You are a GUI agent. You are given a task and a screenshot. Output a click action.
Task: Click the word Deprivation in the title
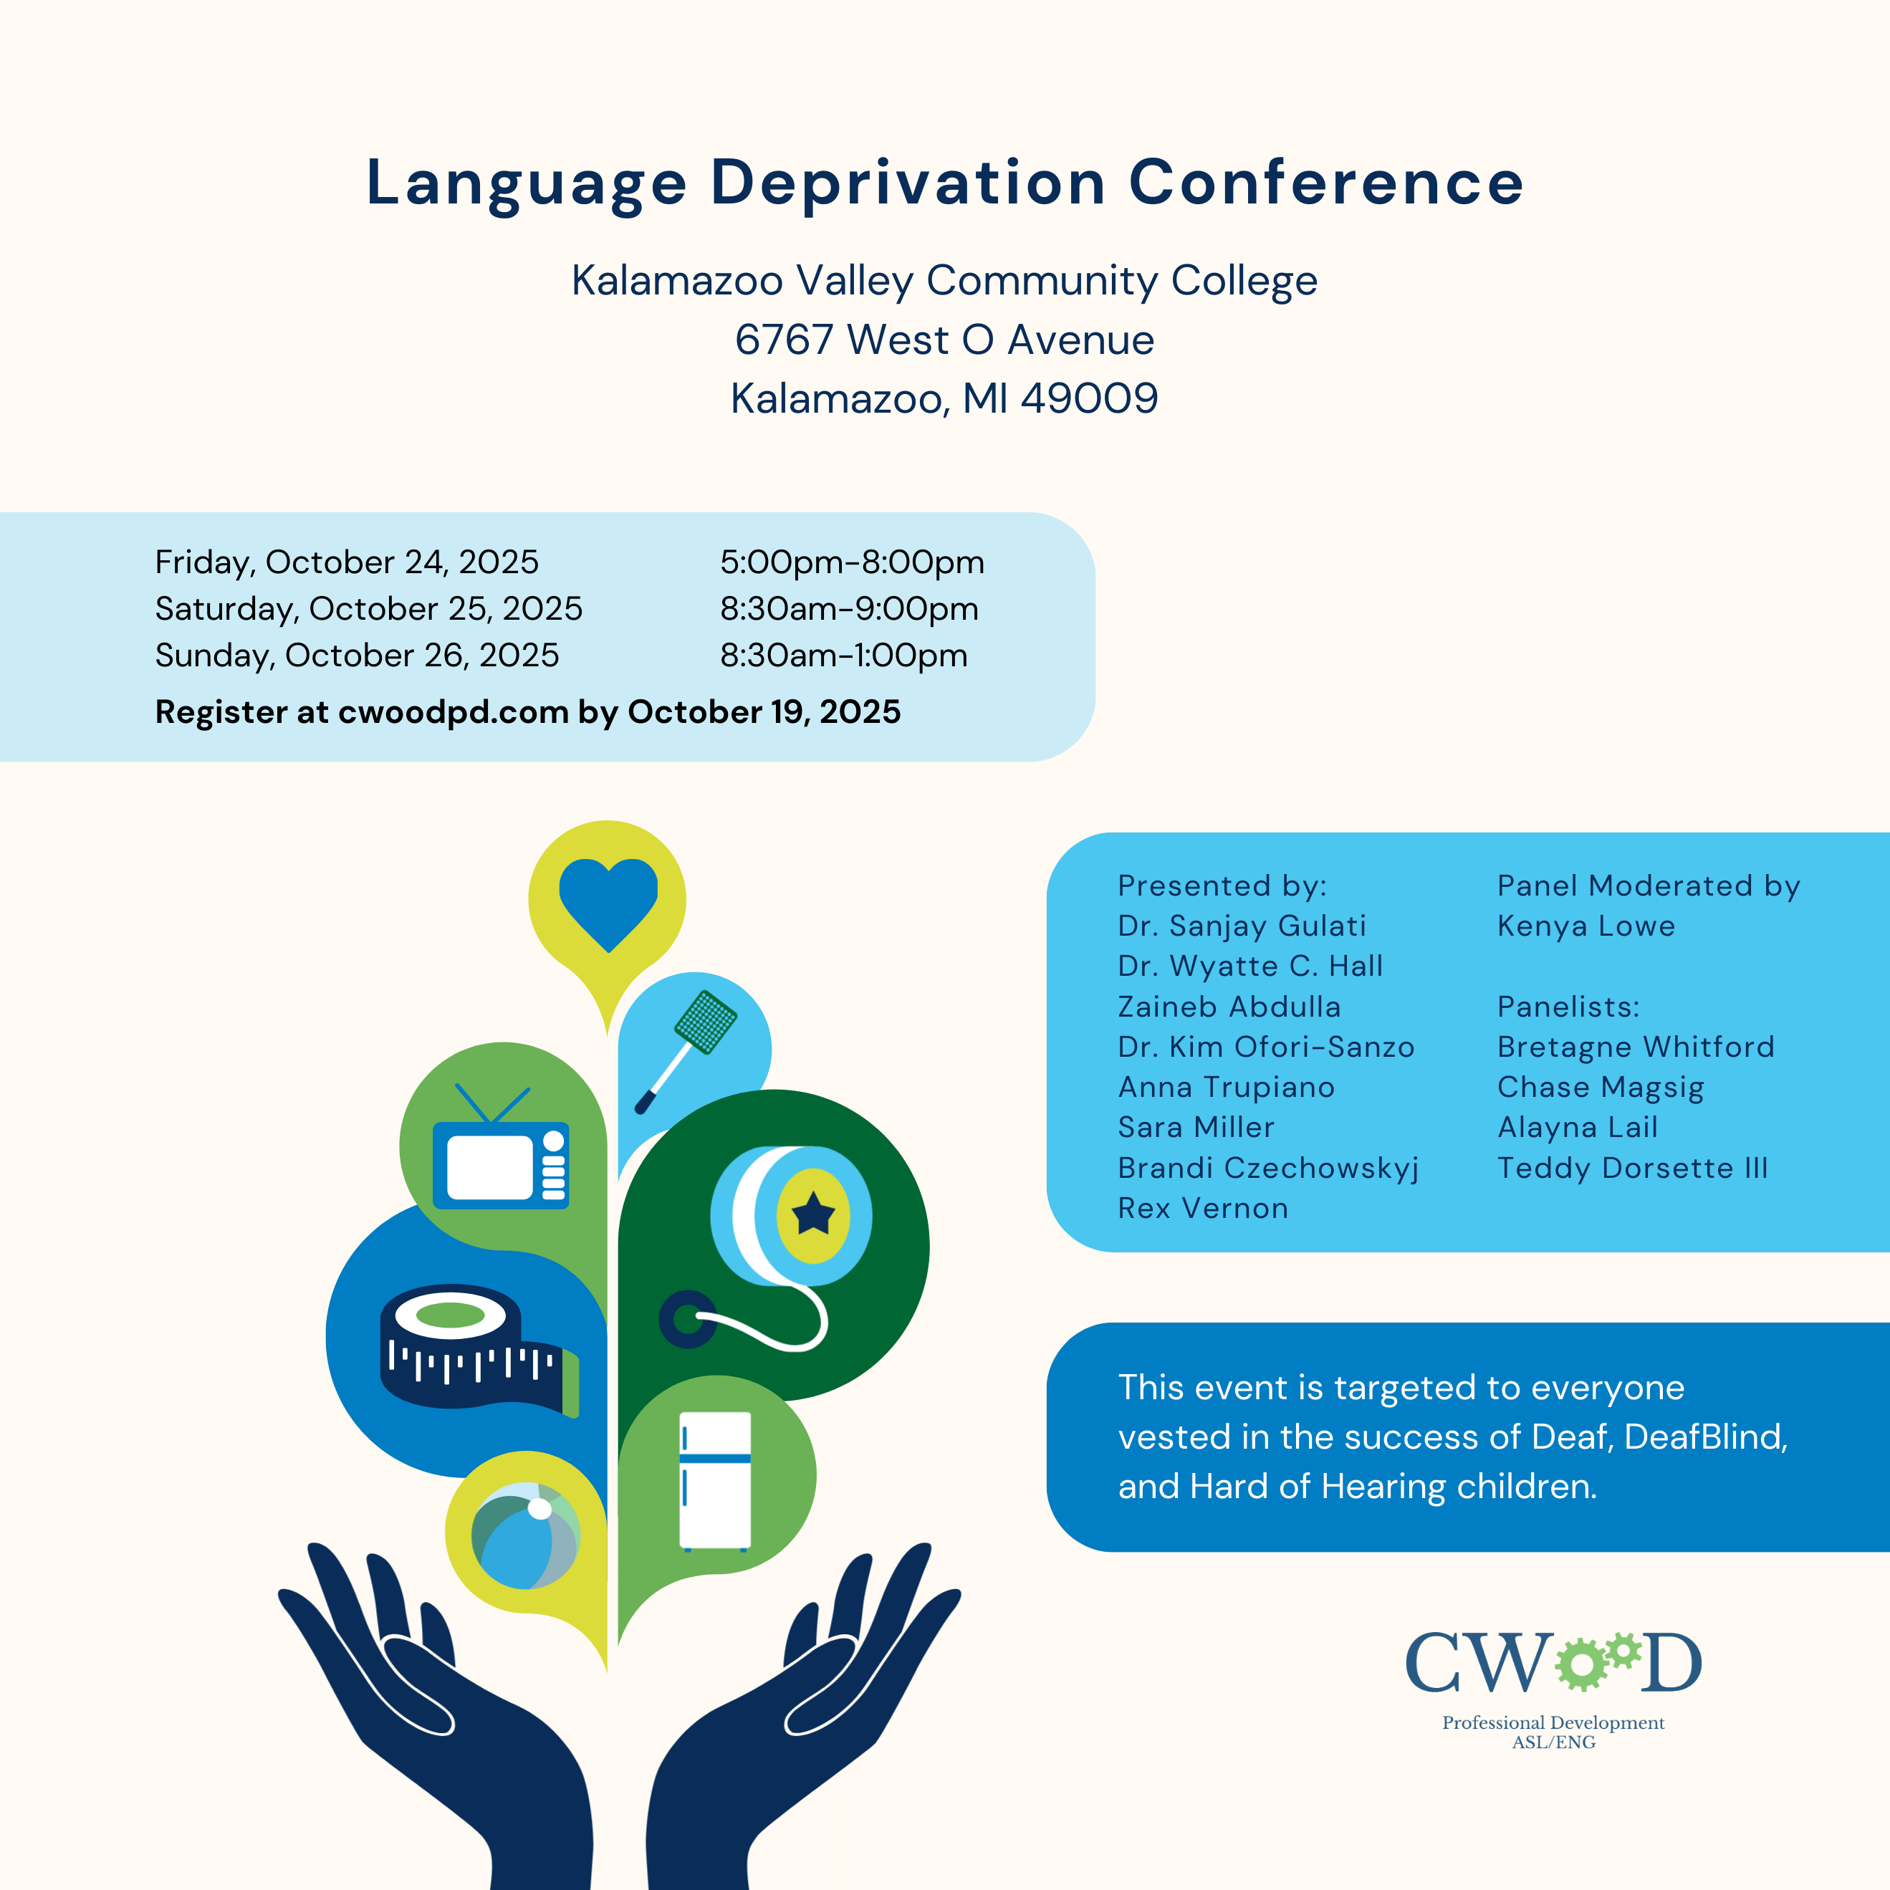click(908, 184)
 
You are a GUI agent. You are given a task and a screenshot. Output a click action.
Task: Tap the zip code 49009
click(1089, 399)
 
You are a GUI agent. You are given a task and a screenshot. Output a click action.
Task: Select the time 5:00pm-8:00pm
click(852, 562)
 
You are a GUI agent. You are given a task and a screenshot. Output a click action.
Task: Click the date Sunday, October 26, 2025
click(357, 656)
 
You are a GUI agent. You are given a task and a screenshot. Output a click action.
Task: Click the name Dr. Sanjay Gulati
click(1242, 926)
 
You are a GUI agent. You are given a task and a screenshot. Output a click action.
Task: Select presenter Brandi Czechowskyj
click(1268, 1168)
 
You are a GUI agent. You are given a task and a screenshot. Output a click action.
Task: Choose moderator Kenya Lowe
click(1586, 926)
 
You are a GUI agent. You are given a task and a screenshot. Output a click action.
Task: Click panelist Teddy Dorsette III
click(1632, 1168)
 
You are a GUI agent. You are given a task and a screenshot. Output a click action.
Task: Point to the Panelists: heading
click(1568, 1007)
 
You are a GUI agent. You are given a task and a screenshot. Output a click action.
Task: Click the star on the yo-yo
click(813, 1215)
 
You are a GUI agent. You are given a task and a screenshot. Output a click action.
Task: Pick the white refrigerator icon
click(715, 1480)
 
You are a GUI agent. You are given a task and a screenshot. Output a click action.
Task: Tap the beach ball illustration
click(525, 1535)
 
